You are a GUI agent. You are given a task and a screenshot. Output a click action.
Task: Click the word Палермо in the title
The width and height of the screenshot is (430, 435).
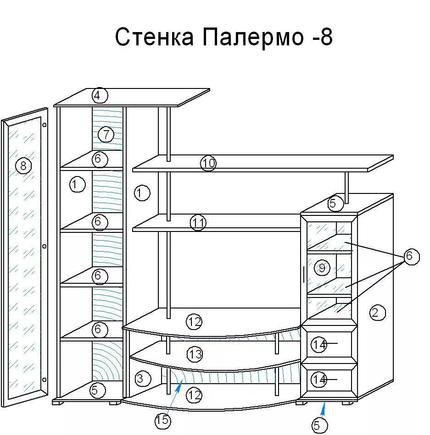tap(253, 37)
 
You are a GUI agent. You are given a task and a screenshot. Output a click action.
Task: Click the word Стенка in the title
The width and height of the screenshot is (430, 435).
tap(155, 37)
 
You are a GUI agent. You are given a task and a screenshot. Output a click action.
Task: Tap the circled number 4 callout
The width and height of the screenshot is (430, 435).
tap(100, 95)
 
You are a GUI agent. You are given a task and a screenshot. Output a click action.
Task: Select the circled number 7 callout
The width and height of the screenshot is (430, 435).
tap(106, 135)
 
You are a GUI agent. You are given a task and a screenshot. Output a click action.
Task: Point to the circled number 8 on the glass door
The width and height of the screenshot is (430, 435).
tap(23, 166)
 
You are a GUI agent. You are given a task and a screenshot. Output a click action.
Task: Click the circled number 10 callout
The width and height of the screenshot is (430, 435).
tap(208, 163)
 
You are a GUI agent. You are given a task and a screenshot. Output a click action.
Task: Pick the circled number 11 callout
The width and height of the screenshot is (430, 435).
tap(198, 222)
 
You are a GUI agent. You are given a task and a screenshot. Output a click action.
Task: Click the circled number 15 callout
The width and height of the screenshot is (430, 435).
tap(162, 420)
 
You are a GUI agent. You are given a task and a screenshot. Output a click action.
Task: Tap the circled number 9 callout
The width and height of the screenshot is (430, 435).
tap(322, 268)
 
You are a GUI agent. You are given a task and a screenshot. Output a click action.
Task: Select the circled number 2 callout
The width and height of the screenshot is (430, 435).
tap(377, 313)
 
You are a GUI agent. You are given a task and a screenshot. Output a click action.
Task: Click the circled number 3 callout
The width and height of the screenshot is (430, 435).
tap(143, 379)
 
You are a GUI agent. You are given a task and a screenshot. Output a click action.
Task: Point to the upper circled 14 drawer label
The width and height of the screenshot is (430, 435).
tap(319, 344)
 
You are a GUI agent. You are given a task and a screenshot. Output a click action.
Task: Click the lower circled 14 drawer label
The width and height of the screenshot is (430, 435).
tap(319, 379)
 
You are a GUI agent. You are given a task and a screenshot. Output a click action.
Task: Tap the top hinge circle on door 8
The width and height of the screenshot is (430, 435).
tap(45, 125)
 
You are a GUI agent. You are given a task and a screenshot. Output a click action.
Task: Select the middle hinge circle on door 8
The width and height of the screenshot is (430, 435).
tap(44, 246)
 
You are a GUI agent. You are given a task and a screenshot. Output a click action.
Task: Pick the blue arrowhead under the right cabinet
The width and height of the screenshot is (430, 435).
tap(323, 407)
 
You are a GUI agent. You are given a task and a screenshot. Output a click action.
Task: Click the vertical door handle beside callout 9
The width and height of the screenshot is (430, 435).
tap(304, 275)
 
